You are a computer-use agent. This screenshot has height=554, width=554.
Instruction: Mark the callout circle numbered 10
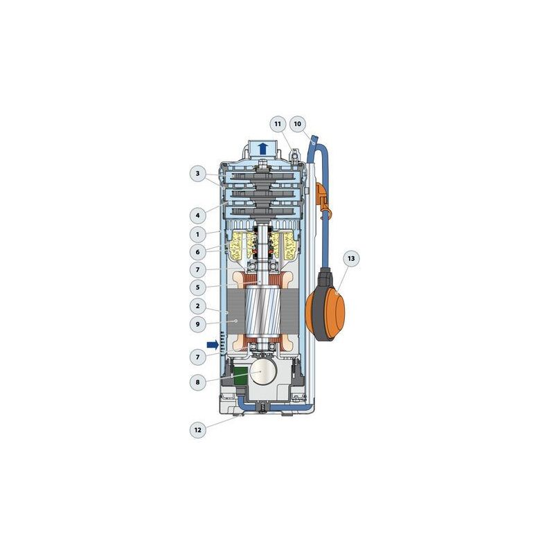pos(298,124)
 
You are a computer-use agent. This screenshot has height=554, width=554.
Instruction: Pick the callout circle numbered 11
pos(278,124)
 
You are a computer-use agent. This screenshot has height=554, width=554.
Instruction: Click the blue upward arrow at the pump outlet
pos(262,148)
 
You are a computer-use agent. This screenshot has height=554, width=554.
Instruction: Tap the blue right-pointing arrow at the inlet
pos(212,343)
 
